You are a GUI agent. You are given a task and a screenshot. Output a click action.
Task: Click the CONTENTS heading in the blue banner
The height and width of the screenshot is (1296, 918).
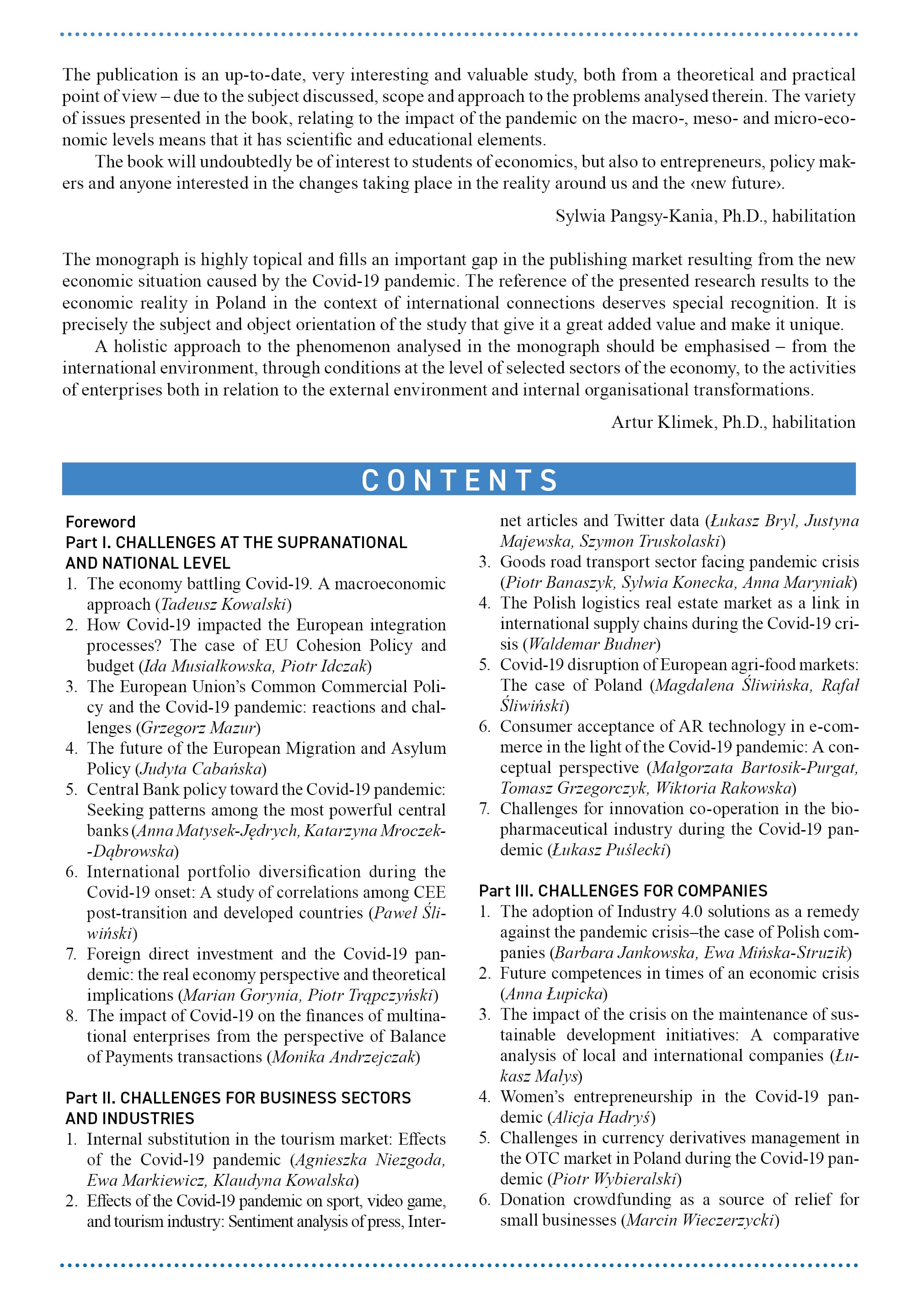tap(459, 480)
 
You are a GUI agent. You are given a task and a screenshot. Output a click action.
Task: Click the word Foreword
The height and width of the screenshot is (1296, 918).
tap(101, 522)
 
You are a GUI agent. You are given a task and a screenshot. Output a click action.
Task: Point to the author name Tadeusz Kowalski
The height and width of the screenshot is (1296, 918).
tap(223, 604)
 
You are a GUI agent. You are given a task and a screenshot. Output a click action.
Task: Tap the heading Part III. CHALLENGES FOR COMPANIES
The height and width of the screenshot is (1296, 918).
tap(623, 891)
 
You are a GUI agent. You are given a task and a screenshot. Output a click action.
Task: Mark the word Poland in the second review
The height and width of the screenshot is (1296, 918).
tap(240, 303)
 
